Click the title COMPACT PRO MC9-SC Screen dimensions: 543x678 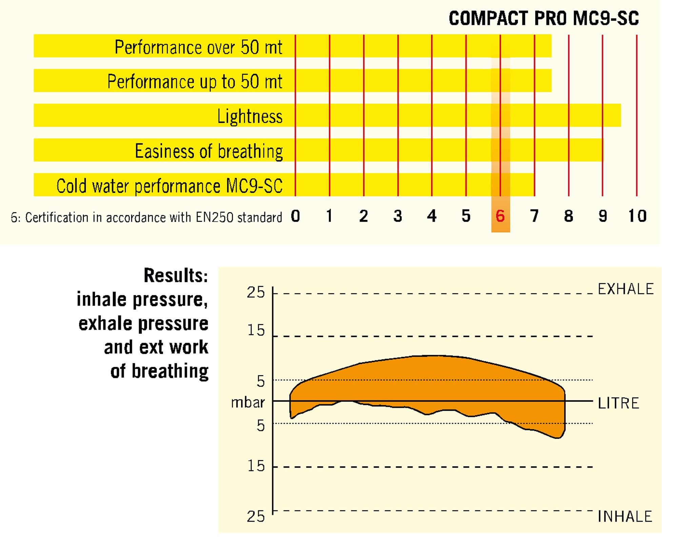click(543, 18)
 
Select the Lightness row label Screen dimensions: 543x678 click(250, 116)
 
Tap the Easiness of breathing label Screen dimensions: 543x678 click(209, 151)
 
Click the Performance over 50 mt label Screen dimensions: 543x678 click(198, 47)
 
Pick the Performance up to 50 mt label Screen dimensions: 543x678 click(195, 81)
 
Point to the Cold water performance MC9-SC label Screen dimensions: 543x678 click(169, 186)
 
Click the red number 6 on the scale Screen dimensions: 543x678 click(500, 216)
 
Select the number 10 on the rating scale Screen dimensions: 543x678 click(637, 216)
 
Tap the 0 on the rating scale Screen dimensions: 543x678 click(295, 216)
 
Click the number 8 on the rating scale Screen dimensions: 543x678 click(569, 216)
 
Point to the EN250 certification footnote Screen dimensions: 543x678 click(146, 217)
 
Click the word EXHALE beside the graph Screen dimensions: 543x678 click(625, 289)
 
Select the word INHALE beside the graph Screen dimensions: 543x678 click(625, 517)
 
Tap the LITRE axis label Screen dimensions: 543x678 click(618, 403)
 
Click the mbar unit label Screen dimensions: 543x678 click(248, 403)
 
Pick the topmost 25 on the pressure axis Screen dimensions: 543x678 click(256, 292)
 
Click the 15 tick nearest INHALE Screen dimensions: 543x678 click(256, 466)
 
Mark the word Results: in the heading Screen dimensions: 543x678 click(176, 275)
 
